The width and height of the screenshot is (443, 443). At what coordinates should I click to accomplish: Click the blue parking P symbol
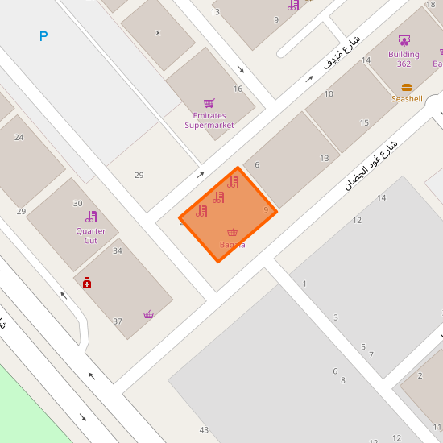point(43,36)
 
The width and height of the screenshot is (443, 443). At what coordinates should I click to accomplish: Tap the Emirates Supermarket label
point(209,120)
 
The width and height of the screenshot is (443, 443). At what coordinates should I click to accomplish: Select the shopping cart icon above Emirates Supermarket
point(209,103)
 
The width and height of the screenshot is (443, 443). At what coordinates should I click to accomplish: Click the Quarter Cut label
point(91,236)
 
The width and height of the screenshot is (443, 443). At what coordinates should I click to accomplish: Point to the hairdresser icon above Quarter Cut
point(91,216)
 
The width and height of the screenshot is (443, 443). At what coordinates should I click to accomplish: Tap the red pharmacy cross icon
point(86,283)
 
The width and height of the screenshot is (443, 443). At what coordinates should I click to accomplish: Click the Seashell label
point(407,99)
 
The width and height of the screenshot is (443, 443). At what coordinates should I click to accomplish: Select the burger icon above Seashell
point(407,87)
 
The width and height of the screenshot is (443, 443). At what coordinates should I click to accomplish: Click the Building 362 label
point(404,59)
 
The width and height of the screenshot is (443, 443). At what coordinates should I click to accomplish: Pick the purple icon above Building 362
point(404,40)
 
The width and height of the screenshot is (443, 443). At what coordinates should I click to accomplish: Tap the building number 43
point(204,430)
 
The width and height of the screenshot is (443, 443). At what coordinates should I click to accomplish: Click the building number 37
point(118,321)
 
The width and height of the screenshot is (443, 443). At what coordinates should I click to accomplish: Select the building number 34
point(118,250)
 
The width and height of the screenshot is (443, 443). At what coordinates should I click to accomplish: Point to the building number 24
point(19,137)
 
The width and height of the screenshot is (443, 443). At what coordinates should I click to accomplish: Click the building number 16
point(238,89)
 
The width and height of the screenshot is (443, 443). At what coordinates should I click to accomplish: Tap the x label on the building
point(158,33)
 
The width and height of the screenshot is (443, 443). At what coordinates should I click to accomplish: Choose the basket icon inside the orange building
point(233,232)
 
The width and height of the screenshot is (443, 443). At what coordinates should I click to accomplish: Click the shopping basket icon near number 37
point(148,314)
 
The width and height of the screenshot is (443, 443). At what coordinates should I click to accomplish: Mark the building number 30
point(77,203)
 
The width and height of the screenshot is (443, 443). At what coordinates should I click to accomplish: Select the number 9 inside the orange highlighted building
point(266,209)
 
